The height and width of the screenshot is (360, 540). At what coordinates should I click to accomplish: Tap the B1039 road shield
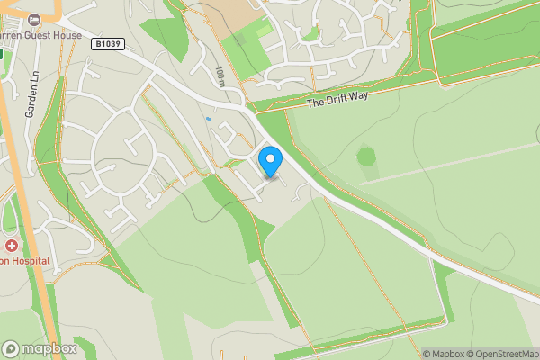click(x=107, y=42)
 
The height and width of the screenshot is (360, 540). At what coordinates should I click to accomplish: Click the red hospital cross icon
click(x=11, y=245)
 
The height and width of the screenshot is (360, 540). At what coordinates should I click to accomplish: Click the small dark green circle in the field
click(x=365, y=157)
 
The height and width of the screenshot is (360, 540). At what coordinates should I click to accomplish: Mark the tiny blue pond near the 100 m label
click(x=208, y=119)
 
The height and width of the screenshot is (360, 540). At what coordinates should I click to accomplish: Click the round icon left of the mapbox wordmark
click(x=11, y=348)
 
